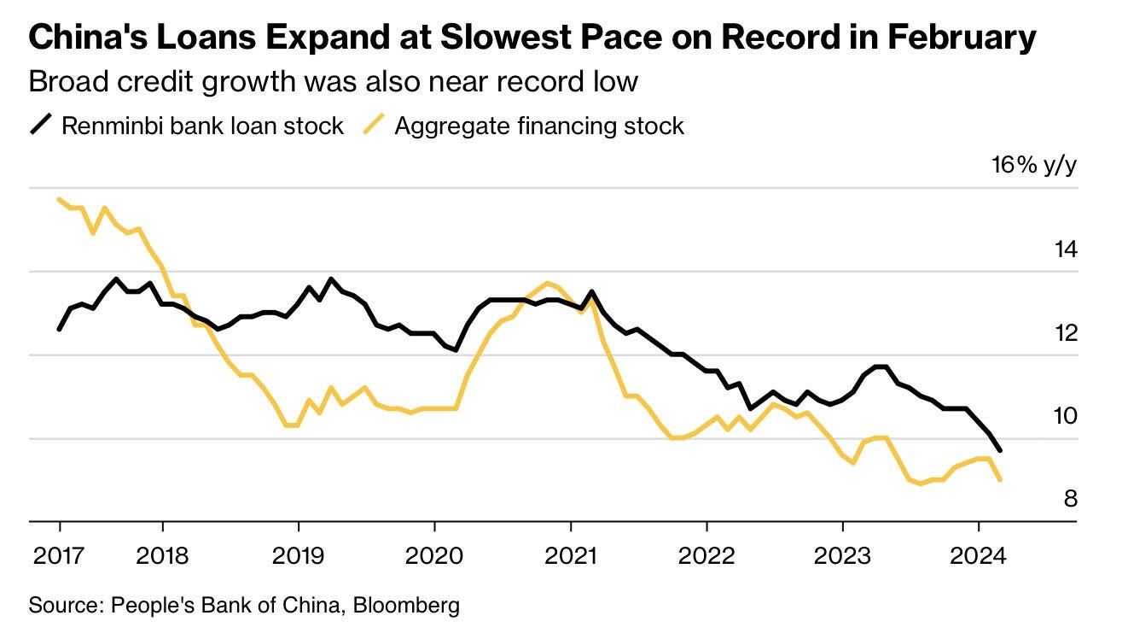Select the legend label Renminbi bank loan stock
[x=202, y=126]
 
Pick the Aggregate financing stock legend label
[x=538, y=126]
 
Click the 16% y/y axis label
[x=1033, y=165]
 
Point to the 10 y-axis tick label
[x=1064, y=415]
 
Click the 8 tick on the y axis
[x=1070, y=498]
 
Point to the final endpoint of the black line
[x=1000, y=450]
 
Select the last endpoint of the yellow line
[x=1000, y=480]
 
